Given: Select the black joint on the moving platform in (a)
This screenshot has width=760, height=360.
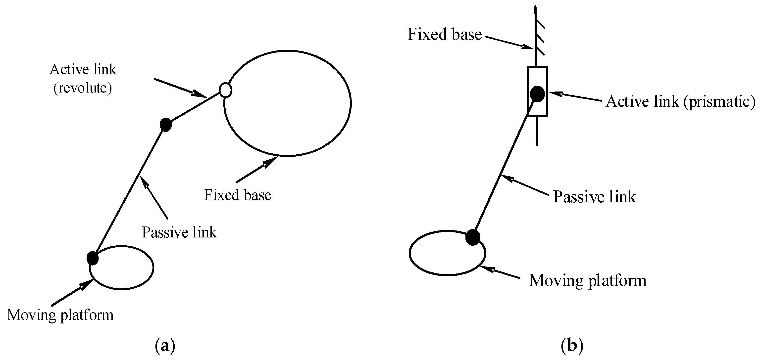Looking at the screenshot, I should point(92,258).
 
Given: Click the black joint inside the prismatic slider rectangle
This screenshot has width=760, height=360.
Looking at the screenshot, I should point(537,94).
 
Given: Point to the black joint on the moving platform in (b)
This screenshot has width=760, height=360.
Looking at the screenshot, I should point(473,237).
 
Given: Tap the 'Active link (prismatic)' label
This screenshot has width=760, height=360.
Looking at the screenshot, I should point(680,102).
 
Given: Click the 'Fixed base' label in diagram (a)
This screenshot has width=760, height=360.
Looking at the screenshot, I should point(238,195).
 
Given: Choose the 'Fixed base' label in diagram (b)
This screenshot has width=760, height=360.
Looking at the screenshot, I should point(445,34).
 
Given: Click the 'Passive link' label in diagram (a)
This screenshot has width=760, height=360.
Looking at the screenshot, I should point(179,232).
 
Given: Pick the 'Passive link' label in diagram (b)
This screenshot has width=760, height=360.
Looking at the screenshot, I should point(594,197).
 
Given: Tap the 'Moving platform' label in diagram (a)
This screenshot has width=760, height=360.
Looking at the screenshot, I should point(60,315).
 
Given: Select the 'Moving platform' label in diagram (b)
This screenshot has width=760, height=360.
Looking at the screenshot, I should point(587,280).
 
